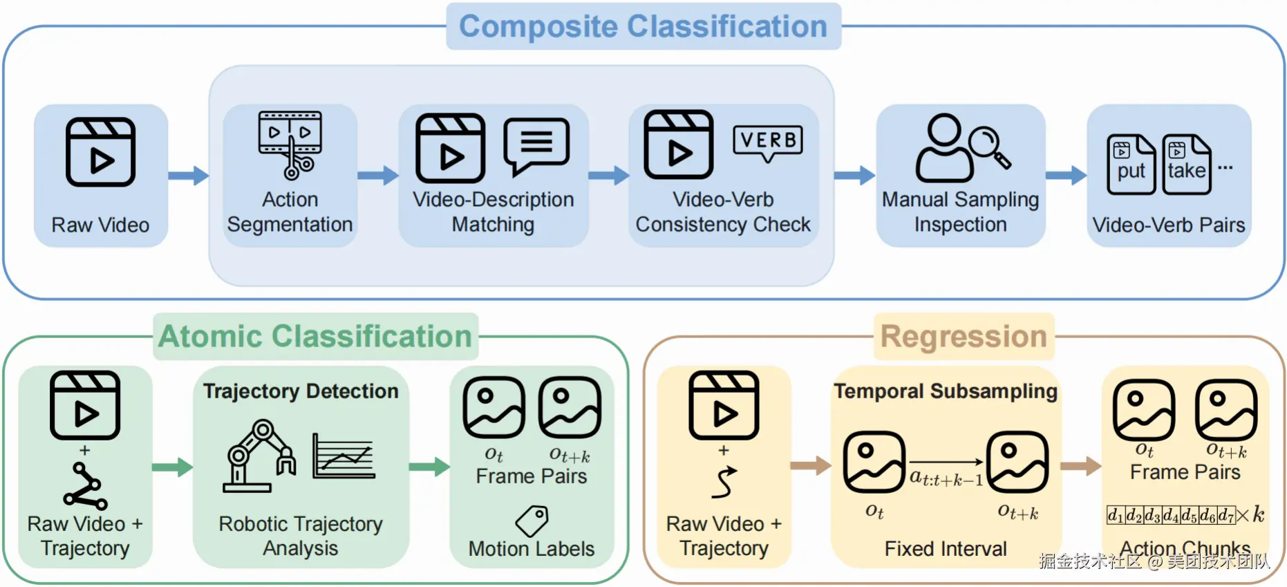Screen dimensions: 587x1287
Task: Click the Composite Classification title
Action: point(643,27)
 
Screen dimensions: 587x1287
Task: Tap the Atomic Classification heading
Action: point(315,337)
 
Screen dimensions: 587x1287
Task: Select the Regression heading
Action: point(964,337)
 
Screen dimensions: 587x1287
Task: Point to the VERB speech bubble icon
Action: point(768,142)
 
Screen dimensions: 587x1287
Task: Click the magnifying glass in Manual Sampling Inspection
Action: point(989,146)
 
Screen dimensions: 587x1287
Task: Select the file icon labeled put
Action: point(1131,165)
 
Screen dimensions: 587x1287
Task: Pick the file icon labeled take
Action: point(1186,165)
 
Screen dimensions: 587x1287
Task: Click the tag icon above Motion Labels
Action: point(532,521)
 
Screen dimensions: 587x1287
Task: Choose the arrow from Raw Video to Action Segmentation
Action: point(188,175)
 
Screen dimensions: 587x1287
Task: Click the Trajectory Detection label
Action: point(301,391)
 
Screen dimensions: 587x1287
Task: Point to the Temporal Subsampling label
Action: point(946,391)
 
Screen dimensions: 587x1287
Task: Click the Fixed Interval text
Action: point(946,549)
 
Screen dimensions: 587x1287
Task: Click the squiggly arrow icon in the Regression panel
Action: point(724,483)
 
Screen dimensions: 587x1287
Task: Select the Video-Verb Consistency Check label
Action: point(723,212)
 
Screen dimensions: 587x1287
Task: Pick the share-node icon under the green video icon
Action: point(85,487)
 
